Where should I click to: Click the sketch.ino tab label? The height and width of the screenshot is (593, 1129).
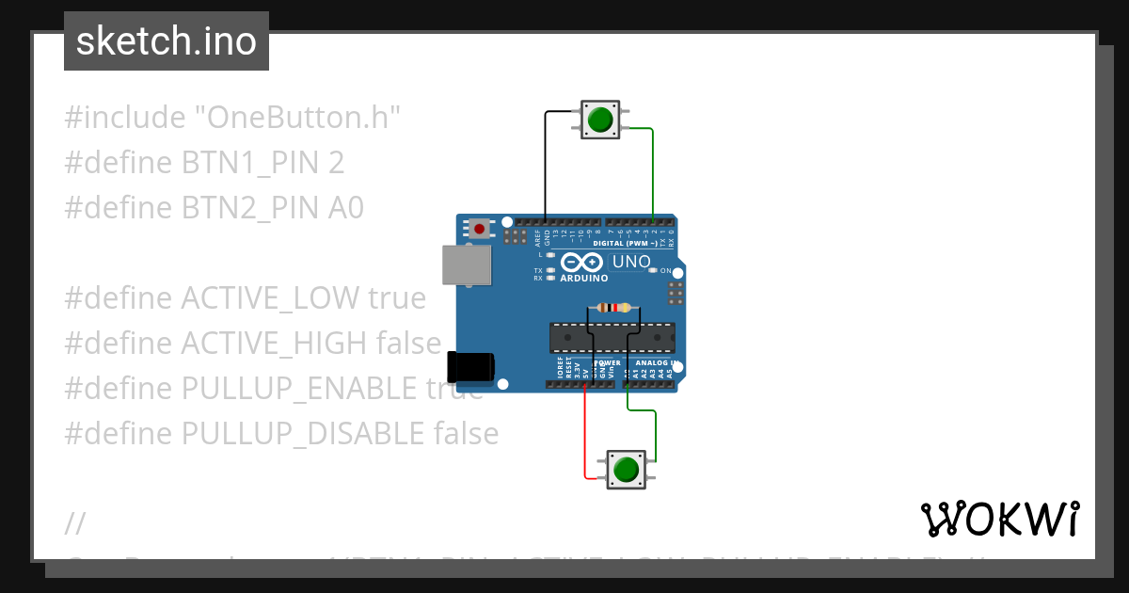coord(166,41)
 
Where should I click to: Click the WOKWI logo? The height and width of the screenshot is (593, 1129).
coord(999,519)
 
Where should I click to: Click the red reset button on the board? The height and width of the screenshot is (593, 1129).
coord(480,229)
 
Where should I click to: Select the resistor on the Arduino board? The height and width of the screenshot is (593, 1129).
coord(614,308)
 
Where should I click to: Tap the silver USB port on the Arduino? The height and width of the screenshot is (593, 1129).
coord(467,264)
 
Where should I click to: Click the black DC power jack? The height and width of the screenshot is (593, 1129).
coord(469,366)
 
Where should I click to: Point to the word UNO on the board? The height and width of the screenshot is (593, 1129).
coord(630,262)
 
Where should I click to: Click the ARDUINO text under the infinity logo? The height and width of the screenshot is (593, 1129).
coord(583,279)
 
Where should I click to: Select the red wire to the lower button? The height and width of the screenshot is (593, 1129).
coord(585,433)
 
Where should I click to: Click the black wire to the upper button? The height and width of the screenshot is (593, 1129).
coord(545,160)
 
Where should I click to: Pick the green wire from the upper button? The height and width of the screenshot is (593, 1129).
coord(653,169)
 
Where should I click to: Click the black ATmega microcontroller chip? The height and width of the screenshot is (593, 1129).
coord(612,336)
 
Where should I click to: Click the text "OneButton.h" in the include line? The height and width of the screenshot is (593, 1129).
coord(297,118)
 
